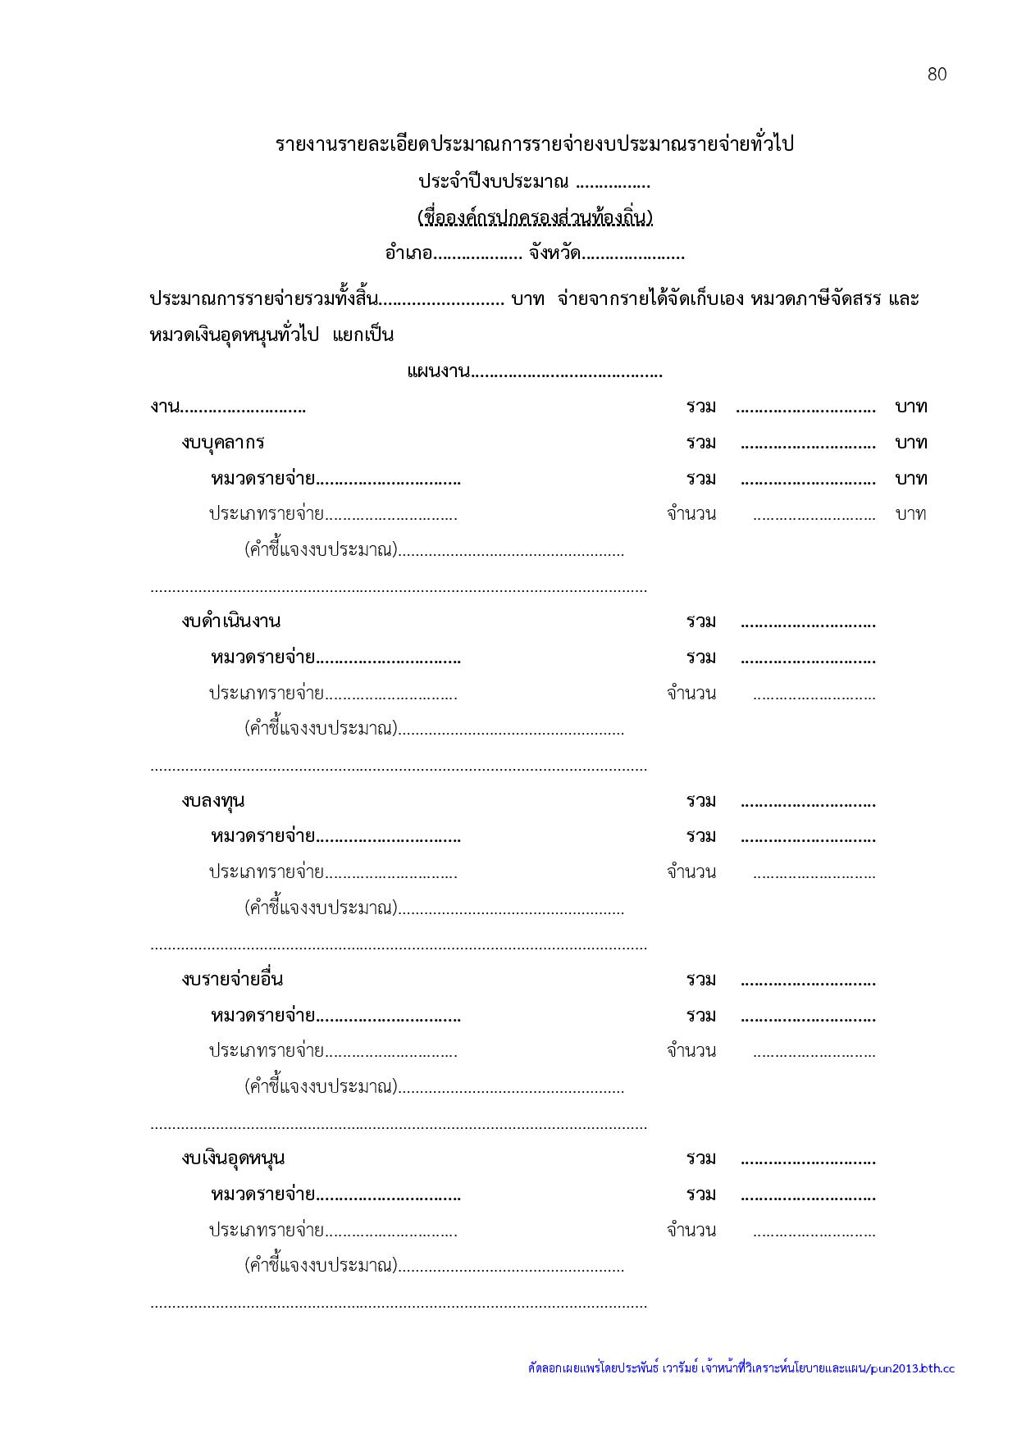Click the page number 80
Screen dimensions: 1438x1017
[937, 75]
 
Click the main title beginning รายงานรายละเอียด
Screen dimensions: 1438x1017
[535, 145]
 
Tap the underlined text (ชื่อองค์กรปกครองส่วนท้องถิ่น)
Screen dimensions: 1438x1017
[535, 218]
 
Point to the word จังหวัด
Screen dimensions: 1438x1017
[554, 253]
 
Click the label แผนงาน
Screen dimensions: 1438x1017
[438, 372]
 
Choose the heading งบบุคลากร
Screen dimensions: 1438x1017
[223, 443]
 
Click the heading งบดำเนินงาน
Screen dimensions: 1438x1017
[231, 621]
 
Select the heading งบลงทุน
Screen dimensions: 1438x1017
[213, 800]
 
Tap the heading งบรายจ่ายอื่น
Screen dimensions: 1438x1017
[233, 979]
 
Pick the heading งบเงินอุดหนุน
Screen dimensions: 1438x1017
[234, 1158]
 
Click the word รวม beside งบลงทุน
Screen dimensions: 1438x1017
[701, 800]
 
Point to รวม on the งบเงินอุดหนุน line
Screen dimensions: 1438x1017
[701, 1158]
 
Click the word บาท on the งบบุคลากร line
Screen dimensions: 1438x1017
[911, 443]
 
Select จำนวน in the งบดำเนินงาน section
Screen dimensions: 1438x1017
[691, 694]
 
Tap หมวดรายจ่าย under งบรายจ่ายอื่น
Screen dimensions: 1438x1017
[263, 1016]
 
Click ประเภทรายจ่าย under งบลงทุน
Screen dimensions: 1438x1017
[266, 872]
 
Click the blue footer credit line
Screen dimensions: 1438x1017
[741, 1368]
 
